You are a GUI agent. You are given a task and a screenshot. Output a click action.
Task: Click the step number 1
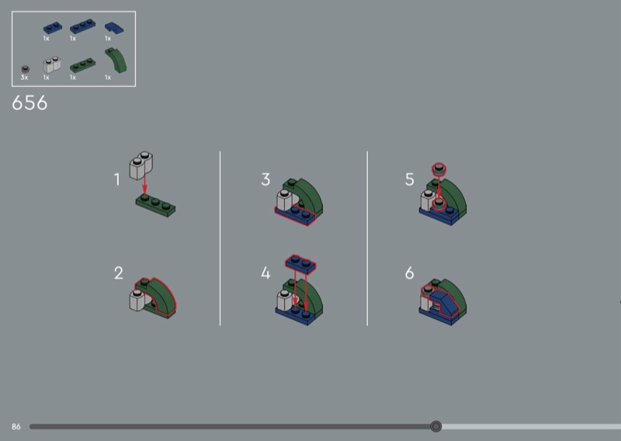(117, 179)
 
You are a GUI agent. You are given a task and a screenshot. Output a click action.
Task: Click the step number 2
(119, 273)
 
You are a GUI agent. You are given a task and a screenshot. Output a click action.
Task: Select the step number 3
(265, 179)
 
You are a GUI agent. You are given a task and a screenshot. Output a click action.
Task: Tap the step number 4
(265, 273)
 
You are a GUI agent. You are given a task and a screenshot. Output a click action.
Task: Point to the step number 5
(410, 179)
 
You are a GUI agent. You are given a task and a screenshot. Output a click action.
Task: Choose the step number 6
(410, 273)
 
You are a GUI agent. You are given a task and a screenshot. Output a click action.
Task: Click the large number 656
(29, 103)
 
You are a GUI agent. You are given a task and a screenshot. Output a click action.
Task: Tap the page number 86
(16, 427)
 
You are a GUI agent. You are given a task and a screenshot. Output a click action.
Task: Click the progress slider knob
(435, 426)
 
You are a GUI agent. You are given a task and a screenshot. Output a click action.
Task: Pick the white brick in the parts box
(52, 65)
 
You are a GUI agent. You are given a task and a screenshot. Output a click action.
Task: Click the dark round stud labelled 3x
(25, 69)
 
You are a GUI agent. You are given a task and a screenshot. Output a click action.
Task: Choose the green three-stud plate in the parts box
(83, 65)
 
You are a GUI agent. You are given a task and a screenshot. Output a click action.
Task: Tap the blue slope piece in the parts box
(114, 28)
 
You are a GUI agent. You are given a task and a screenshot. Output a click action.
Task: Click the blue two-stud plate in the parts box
(53, 28)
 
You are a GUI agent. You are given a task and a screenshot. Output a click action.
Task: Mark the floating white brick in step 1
(141, 165)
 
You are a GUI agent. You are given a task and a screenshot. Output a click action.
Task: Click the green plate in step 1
(156, 206)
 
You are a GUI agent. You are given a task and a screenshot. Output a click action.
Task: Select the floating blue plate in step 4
(300, 264)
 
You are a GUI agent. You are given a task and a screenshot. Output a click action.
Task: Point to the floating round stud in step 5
(439, 169)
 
